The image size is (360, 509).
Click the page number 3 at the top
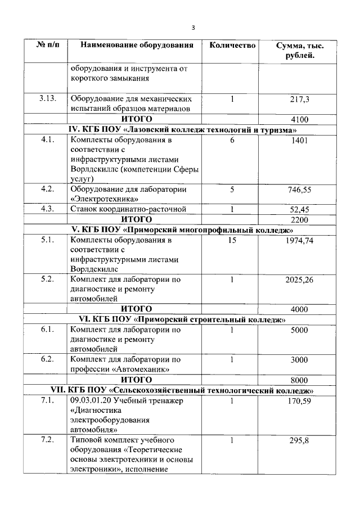coord(193,28)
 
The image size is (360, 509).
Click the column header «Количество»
coord(232,46)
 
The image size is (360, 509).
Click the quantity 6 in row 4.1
coord(232,140)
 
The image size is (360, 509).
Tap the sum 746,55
coord(299,190)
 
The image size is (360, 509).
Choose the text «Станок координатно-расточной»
coord(128,209)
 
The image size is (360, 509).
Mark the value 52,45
coord(299,209)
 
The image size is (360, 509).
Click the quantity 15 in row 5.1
coord(232,240)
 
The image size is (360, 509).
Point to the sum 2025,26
coord(299,279)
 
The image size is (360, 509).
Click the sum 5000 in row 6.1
coord(299,330)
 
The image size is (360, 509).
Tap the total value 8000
coord(299,380)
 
